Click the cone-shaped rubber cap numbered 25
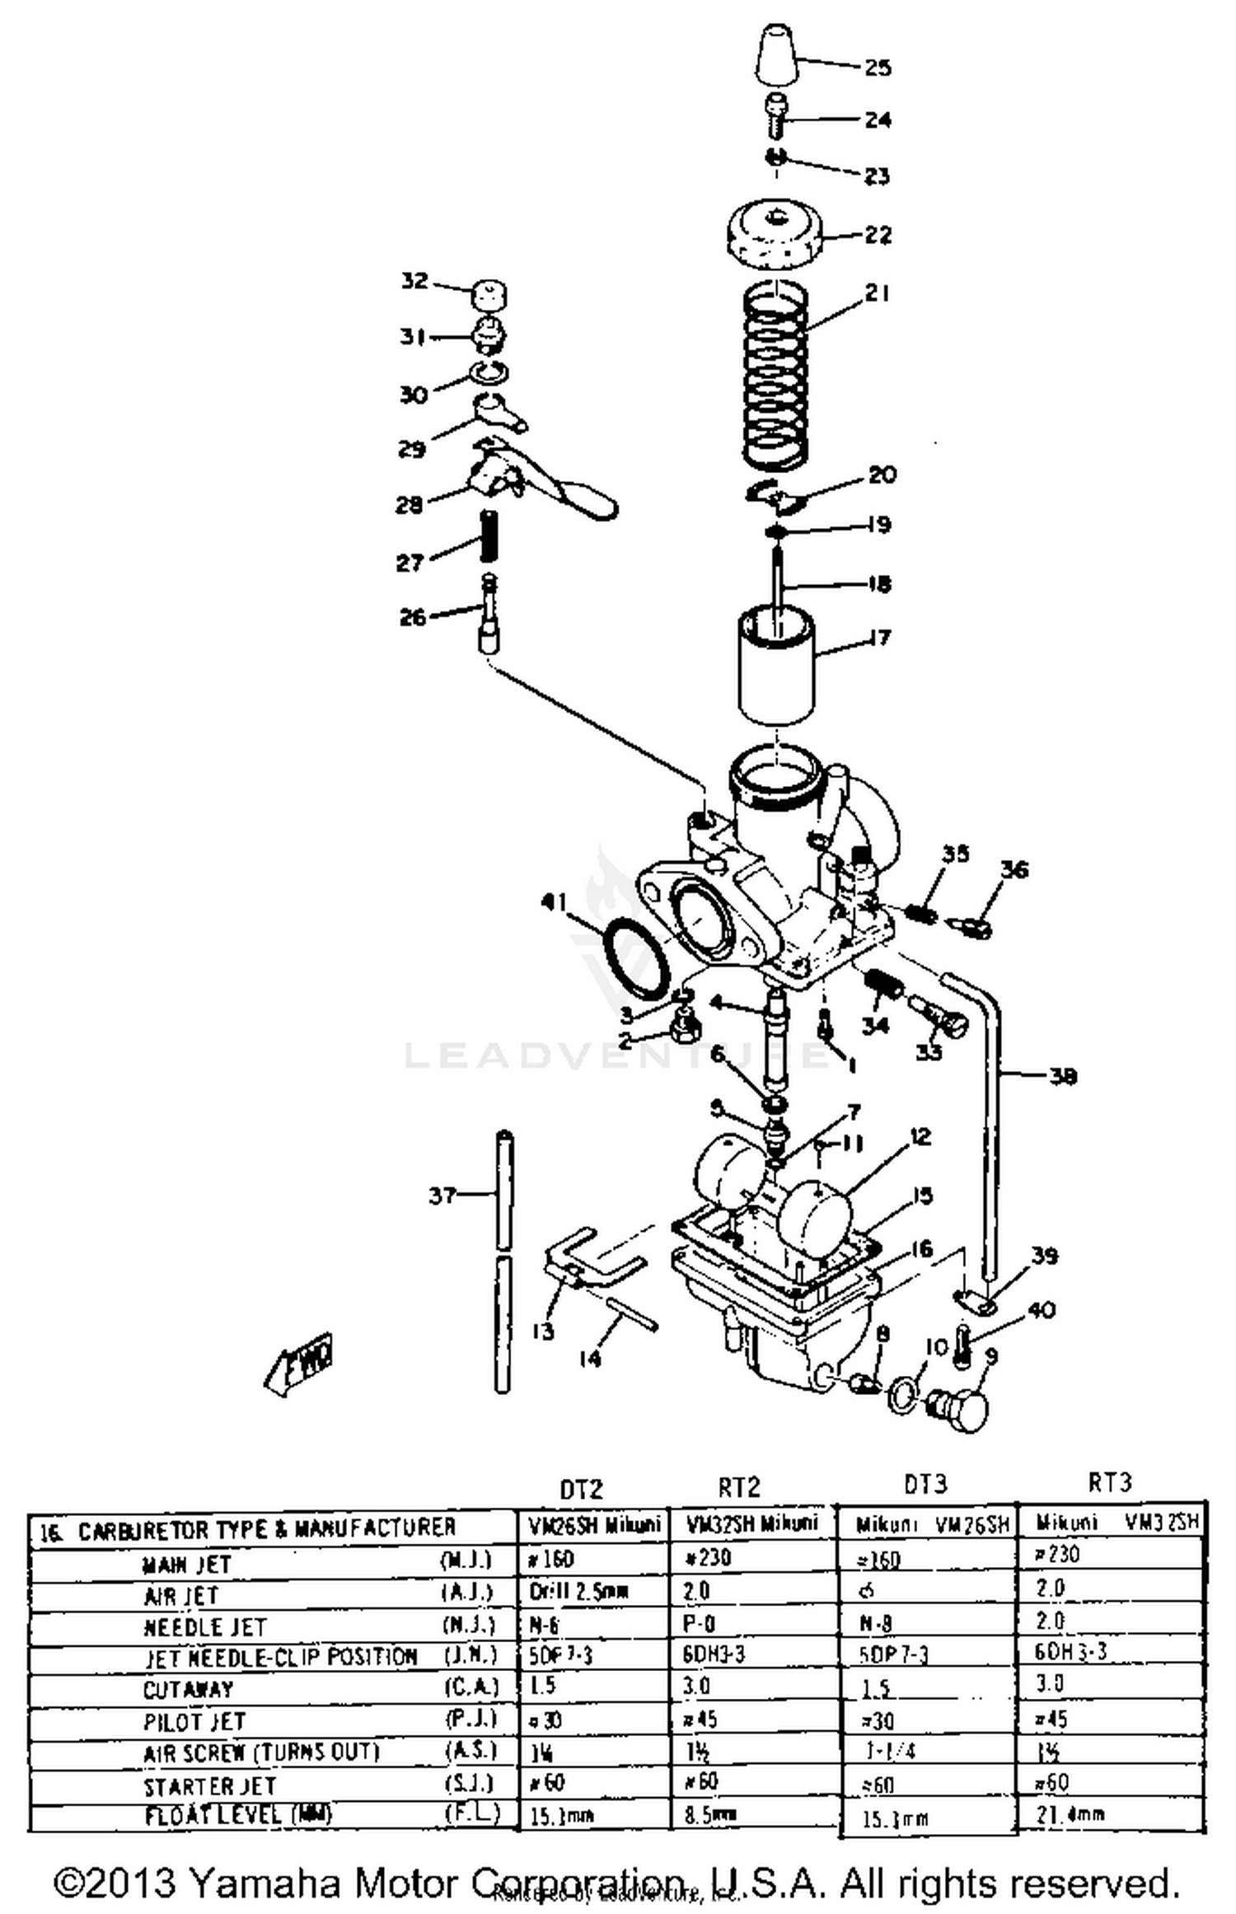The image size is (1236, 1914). tap(776, 56)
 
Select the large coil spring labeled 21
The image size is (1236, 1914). tap(775, 375)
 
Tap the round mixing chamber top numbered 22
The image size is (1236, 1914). tap(775, 235)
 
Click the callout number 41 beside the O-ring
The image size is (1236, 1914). tap(554, 902)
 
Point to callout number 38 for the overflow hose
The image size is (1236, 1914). tap(1063, 1076)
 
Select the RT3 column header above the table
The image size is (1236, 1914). tap(1110, 1482)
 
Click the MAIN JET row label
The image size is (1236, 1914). tap(187, 1564)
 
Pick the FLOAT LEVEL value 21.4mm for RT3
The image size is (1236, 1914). tap(1070, 1813)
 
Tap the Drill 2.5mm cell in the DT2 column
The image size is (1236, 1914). tap(578, 1591)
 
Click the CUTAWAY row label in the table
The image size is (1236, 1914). tap(188, 1690)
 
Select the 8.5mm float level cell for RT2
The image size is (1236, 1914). tap(709, 1813)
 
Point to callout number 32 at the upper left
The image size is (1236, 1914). tap(414, 281)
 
